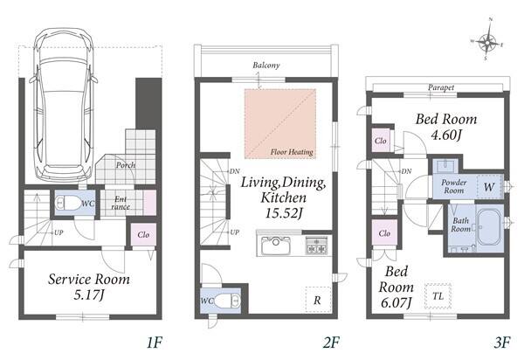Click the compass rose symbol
[487, 42]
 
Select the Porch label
[126, 165]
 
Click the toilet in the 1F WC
[69, 203]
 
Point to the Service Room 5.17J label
[89, 287]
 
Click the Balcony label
[266, 65]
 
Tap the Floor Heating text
[292, 152]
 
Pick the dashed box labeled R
[318, 300]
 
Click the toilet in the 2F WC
[226, 301]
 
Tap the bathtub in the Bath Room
[489, 227]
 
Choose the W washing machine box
[490, 187]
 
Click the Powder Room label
[454, 186]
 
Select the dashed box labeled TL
[438, 296]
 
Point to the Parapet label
[441, 87]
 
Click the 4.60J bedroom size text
[446, 135]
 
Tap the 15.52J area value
[284, 213]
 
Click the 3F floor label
[501, 343]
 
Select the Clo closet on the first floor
[143, 235]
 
